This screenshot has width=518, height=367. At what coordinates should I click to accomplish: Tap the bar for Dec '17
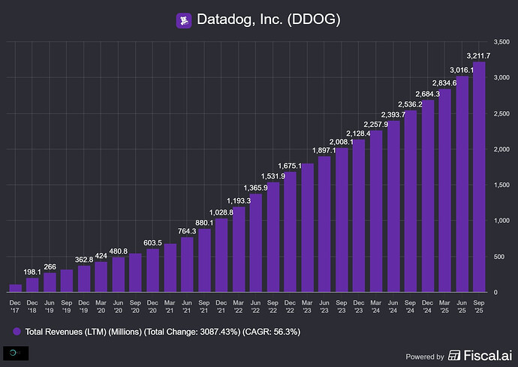click(x=15, y=287)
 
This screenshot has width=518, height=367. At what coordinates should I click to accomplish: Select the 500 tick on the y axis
click(x=498, y=256)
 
